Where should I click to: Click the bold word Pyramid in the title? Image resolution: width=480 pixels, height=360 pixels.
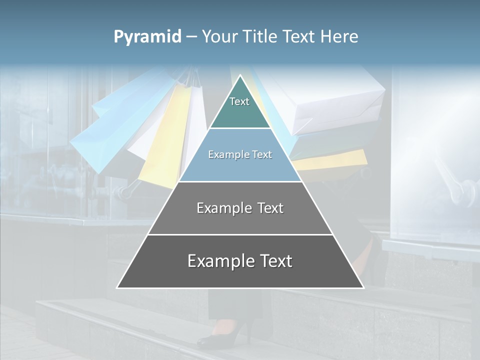pos(147,37)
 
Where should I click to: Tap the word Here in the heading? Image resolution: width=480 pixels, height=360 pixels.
pos(339,37)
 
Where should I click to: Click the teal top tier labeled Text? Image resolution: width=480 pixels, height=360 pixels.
pos(239,107)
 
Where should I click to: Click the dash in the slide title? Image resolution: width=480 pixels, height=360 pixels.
pos(191,37)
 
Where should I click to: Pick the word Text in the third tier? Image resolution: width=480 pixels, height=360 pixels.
pos(268,208)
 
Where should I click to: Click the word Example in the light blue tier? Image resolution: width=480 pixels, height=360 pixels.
pos(225,155)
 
